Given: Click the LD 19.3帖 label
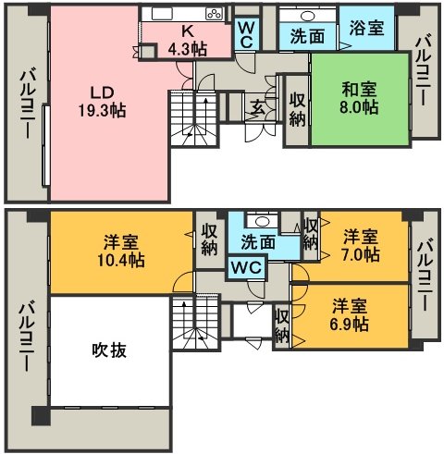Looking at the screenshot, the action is click(103, 102).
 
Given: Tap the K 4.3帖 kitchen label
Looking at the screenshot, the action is click(188, 40).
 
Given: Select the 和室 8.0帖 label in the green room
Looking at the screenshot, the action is click(359, 98).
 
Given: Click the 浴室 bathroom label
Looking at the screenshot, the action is click(366, 28).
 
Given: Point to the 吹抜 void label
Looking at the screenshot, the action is click(109, 350).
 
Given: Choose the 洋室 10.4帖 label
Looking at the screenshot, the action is click(121, 251).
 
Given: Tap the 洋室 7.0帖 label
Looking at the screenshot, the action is click(361, 246).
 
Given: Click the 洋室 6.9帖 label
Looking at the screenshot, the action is click(350, 314).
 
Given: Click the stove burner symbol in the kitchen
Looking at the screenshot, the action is click(215, 14).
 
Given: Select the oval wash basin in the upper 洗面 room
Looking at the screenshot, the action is click(307, 16).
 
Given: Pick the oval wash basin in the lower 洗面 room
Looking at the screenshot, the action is click(262, 221).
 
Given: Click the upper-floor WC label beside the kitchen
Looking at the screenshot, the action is click(247, 34).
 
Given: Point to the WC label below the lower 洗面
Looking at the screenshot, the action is click(247, 267).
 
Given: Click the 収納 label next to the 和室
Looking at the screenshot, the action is click(297, 109).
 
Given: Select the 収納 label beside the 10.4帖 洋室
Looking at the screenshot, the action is click(210, 239).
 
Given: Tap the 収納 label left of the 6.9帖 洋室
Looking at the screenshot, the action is click(282, 325).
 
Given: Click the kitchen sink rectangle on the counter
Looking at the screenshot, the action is click(162, 14).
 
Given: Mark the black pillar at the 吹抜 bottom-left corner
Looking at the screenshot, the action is click(41, 415).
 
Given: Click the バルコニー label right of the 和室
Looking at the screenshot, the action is click(422, 70).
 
